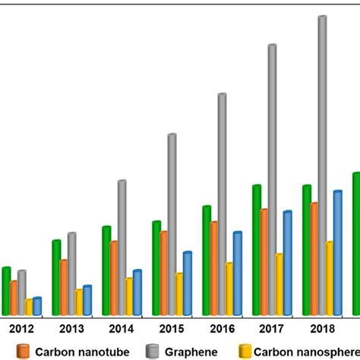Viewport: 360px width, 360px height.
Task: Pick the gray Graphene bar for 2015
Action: coord(172,223)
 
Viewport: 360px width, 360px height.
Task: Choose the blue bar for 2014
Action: coord(137,292)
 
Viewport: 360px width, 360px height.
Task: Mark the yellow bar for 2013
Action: coord(79,302)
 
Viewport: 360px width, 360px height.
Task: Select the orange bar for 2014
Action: coord(114,277)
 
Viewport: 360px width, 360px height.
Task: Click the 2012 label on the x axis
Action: coord(21,329)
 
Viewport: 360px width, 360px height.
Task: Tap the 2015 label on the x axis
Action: coord(172,329)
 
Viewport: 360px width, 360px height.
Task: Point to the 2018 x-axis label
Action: coord(322,329)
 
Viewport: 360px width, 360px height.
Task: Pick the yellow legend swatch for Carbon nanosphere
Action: coord(245,351)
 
